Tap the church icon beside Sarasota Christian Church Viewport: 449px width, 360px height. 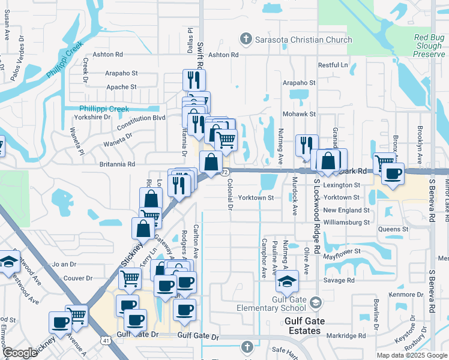(x=245, y=40)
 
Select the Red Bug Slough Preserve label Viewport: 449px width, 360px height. (x=429, y=46)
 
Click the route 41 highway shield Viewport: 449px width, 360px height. (x=105, y=341)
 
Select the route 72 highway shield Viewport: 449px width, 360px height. (x=224, y=172)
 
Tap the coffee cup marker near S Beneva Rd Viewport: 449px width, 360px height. (x=393, y=174)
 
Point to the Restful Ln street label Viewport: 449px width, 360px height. (x=333, y=65)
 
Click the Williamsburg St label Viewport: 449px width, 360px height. (x=346, y=222)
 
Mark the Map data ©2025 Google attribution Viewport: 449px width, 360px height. (x=411, y=355)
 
